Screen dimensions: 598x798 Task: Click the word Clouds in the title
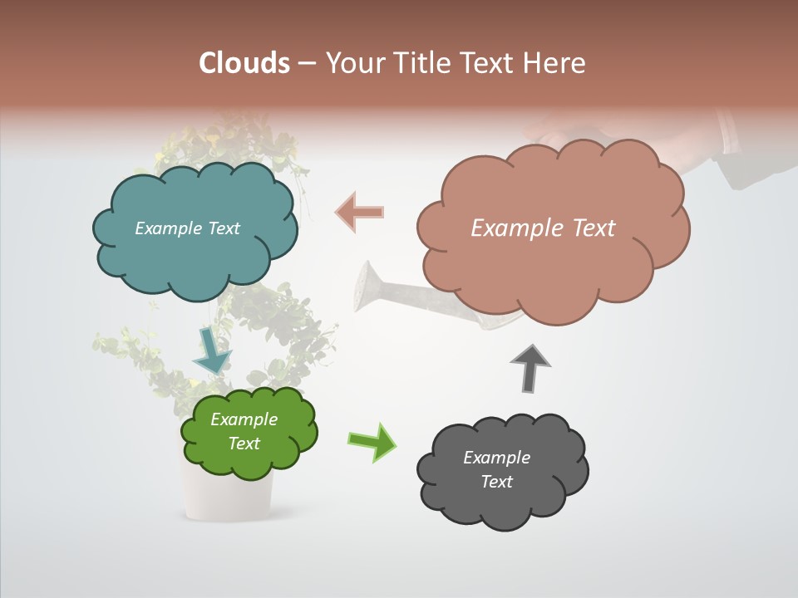(x=244, y=62)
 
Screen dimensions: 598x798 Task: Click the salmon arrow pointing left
(x=359, y=213)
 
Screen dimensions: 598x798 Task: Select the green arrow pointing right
(x=372, y=441)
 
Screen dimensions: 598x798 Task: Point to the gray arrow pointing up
(x=530, y=368)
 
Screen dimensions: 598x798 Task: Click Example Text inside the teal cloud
(x=187, y=228)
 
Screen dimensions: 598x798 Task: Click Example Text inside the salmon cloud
(x=543, y=228)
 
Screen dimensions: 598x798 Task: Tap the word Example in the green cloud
(x=244, y=419)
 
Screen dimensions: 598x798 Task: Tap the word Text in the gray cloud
(x=496, y=482)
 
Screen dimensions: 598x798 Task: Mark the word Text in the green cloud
(x=244, y=444)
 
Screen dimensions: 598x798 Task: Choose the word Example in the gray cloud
(x=496, y=458)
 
